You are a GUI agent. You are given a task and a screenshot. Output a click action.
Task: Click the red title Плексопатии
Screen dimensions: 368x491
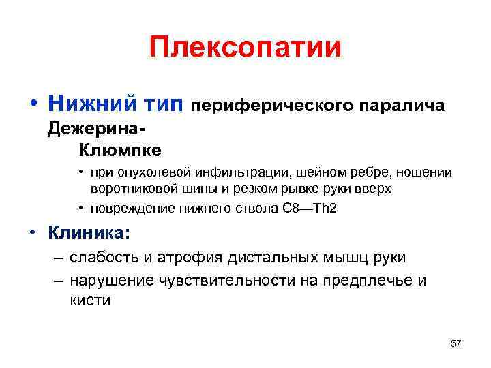tap(245, 47)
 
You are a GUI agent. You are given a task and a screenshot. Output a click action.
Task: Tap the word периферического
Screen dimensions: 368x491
tap(270, 106)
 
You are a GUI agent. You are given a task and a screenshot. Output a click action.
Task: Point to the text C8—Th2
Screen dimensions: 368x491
tap(310, 209)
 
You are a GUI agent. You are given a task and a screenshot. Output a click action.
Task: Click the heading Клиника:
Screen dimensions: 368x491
tap(88, 234)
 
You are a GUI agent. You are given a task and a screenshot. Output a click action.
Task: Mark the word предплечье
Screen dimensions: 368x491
tap(370, 280)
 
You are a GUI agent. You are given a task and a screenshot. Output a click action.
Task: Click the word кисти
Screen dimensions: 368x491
tap(90, 301)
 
